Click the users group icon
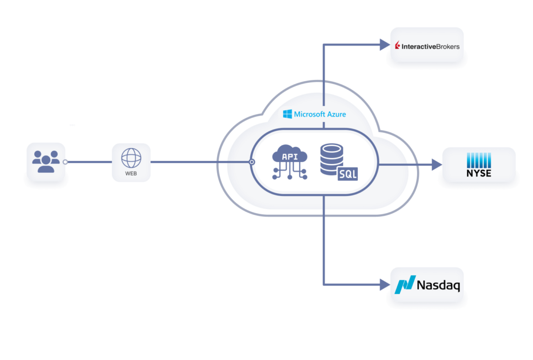(x=46, y=161)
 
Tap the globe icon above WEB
(x=131, y=158)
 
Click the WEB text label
(x=131, y=174)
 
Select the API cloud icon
(x=290, y=162)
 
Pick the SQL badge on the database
(x=348, y=174)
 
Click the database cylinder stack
(x=332, y=159)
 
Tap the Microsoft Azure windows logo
(x=287, y=114)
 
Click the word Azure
(x=337, y=114)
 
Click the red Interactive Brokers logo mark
(x=398, y=45)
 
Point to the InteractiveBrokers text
(x=430, y=47)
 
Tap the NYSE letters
(x=479, y=173)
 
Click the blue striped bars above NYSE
(x=479, y=160)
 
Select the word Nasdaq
(x=438, y=285)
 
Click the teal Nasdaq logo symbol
(x=405, y=284)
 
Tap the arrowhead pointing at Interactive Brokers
(x=385, y=45)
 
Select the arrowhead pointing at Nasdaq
(x=385, y=284)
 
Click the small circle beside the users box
(x=65, y=162)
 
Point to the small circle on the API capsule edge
(x=252, y=162)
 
